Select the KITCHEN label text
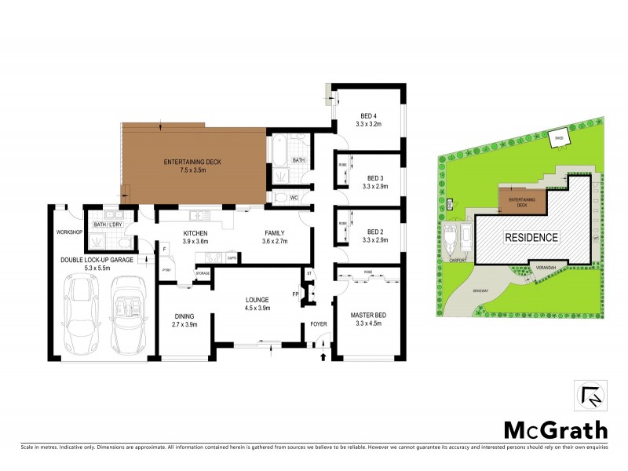[195, 233]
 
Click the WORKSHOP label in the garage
[69, 233]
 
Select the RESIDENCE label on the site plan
[531, 237]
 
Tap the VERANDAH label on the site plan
[546, 268]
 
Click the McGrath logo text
[555, 429]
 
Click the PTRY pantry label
[166, 271]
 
